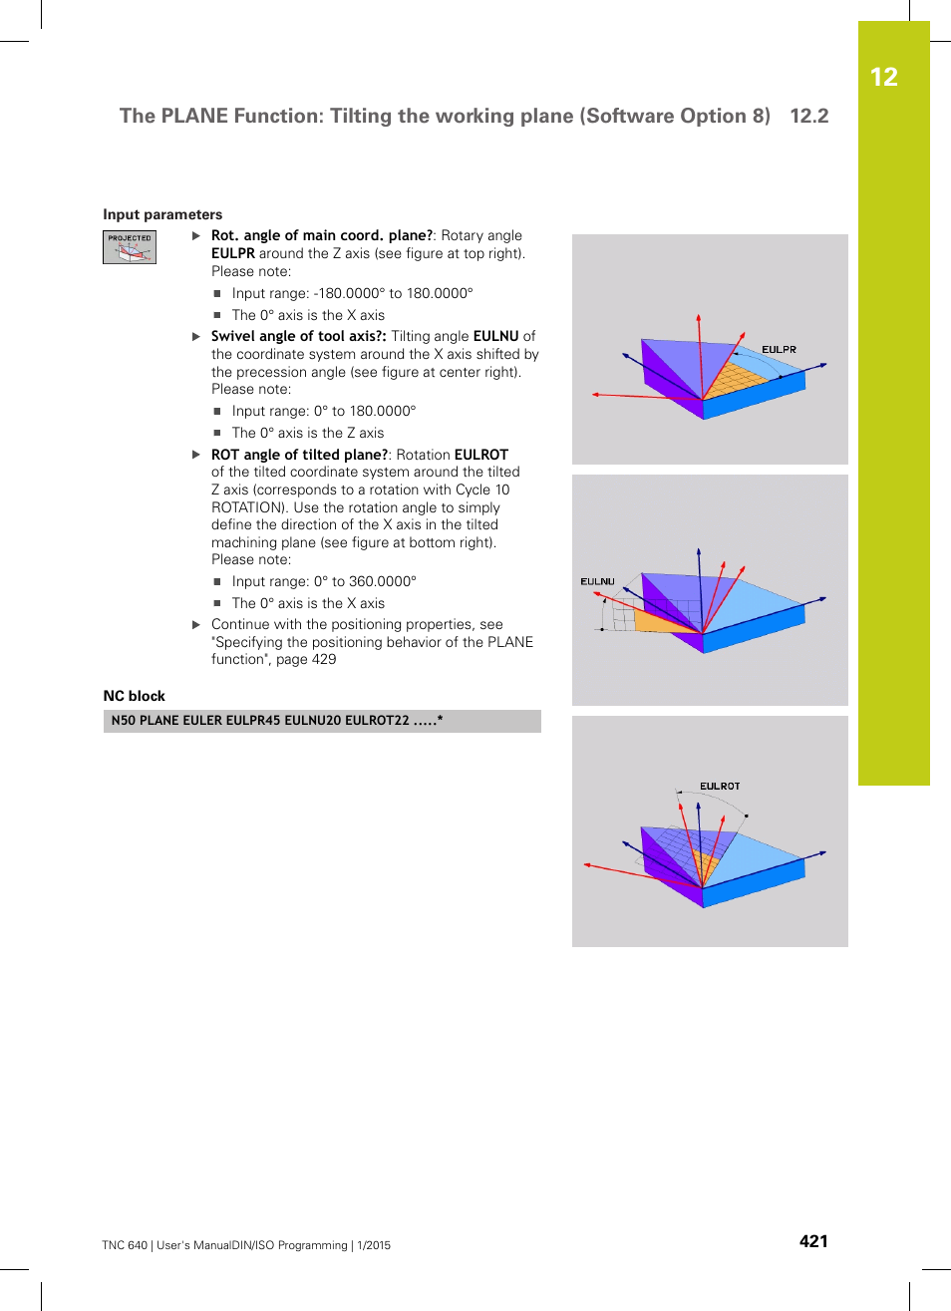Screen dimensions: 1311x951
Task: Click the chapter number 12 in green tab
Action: pyautogui.click(x=883, y=77)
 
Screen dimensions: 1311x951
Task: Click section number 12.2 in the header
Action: pyautogui.click(x=808, y=116)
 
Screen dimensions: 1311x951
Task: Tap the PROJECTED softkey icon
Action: pyautogui.click(x=130, y=247)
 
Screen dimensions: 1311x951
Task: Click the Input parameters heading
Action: pyautogui.click(x=162, y=214)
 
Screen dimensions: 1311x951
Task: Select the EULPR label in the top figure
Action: pyautogui.click(x=779, y=350)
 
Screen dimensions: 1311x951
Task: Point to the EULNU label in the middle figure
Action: pyautogui.click(x=597, y=581)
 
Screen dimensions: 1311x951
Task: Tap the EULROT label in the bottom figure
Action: pyautogui.click(x=720, y=787)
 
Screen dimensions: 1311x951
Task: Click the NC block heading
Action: pyautogui.click(x=135, y=696)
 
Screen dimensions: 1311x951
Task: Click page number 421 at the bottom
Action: pyautogui.click(x=813, y=1241)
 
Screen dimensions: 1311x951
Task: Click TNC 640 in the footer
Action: pyautogui.click(x=124, y=1245)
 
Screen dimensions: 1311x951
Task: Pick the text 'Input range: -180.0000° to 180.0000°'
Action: pyautogui.click(x=352, y=293)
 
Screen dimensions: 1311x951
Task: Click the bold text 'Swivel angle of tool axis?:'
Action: pyautogui.click(x=298, y=336)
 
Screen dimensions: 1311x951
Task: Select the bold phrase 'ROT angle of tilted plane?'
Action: pyautogui.click(x=299, y=455)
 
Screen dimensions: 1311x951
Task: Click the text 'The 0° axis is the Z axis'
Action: pyautogui.click(x=307, y=433)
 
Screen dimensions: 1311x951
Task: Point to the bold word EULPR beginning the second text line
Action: pyautogui.click(x=232, y=253)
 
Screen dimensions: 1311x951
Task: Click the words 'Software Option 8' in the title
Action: pyautogui.click(x=677, y=116)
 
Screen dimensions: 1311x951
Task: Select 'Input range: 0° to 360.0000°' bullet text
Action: pyautogui.click(x=324, y=581)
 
